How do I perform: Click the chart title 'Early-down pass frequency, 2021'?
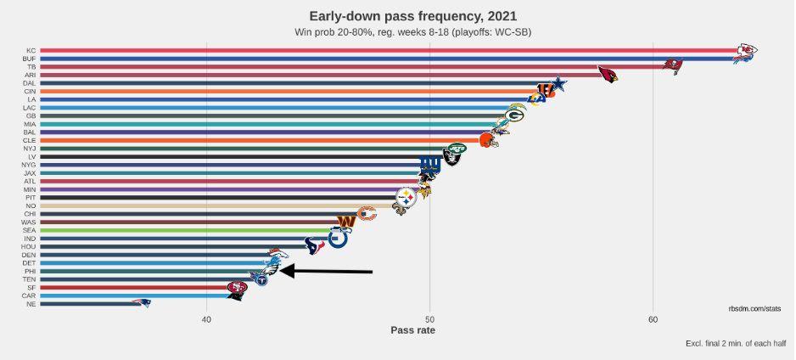[412, 16]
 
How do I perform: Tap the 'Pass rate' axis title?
[412, 330]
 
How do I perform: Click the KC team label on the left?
[31, 49]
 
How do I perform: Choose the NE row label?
[31, 303]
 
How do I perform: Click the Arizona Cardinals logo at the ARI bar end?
[608, 75]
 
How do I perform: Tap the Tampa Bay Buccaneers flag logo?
[673, 65]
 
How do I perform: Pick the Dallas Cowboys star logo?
[558, 84]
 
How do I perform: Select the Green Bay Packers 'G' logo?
[515, 115]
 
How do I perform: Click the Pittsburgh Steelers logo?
[407, 196]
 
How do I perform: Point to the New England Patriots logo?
[141, 302]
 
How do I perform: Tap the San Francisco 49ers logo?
[238, 288]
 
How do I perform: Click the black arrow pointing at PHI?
[327, 271]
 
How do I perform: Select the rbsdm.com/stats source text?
[754, 309]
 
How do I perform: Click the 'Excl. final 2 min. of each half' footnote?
[735, 343]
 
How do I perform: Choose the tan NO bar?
[212, 205]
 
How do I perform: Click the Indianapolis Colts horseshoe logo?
[338, 238]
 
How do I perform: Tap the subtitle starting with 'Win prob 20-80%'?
[412, 32]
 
